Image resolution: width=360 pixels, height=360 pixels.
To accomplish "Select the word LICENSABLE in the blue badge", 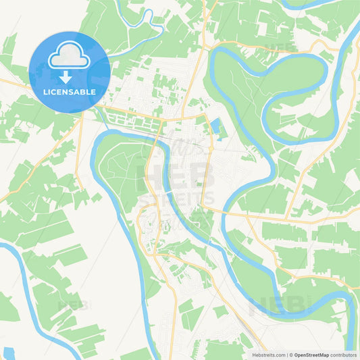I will coord(69,91).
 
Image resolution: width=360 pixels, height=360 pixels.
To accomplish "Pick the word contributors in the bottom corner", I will coord(344,354).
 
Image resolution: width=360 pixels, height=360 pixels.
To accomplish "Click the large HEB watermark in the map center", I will coord(177,177).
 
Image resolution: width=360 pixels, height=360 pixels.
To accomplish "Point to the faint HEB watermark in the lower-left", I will coord(73,305).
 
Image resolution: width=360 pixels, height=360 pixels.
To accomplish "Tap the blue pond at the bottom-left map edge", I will coord(8,353).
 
